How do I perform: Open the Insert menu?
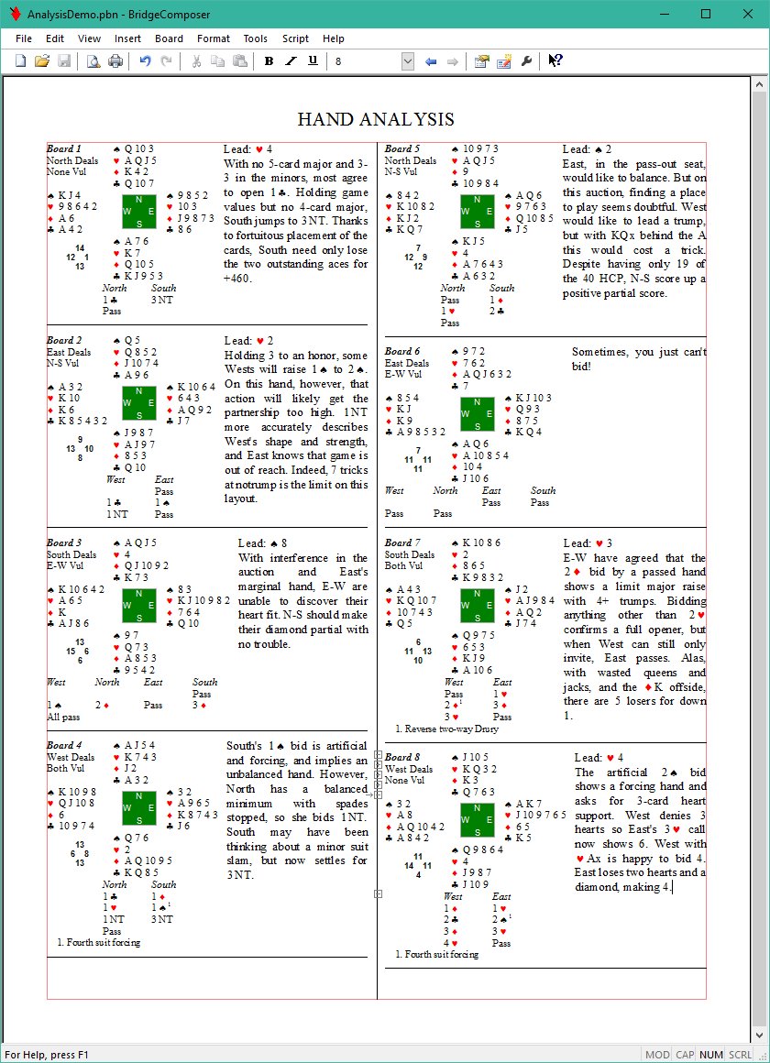click(x=127, y=38)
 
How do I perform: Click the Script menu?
click(x=295, y=38)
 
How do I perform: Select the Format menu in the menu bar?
click(x=214, y=38)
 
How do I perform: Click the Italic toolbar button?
click(x=291, y=61)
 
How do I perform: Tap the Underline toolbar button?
click(x=313, y=61)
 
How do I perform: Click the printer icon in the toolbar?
click(x=115, y=61)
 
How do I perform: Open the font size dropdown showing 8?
click(x=407, y=61)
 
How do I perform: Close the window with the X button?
click(x=746, y=14)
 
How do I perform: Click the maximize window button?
click(x=705, y=14)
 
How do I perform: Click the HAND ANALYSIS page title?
click(x=376, y=119)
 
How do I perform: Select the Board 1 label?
click(x=64, y=148)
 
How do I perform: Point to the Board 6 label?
click(x=402, y=351)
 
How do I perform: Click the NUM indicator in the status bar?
click(x=711, y=1055)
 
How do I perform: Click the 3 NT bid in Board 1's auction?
click(x=163, y=300)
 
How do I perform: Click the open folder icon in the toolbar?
click(x=42, y=61)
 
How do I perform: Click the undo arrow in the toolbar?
click(x=145, y=61)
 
